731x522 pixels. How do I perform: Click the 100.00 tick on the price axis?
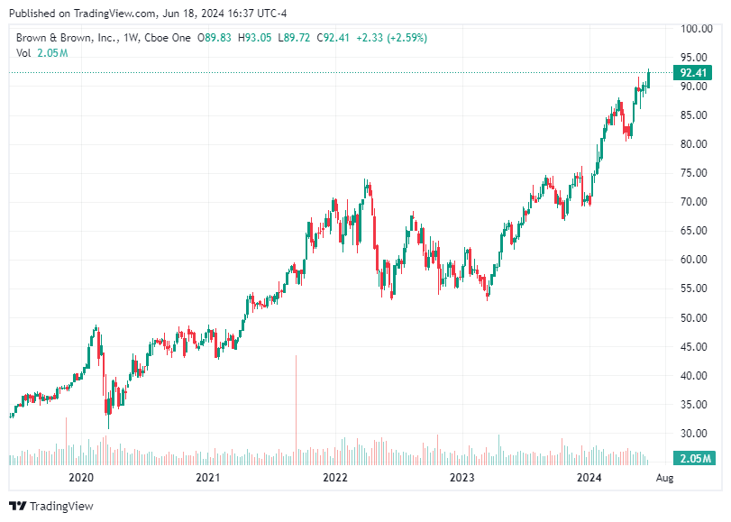[696, 29]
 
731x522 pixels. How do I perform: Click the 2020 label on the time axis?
[81, 477]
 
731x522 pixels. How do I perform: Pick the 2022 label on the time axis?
[335, 477]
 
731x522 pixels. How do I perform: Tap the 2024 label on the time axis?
[589, 477]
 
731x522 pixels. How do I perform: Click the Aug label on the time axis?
[663, 477]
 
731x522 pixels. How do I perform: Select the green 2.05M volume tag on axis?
[695, 459]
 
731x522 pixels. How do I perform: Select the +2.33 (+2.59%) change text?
[392, 38]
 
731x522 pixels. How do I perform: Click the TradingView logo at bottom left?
[51, 507]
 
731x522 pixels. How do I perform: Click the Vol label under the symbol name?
[24, 53]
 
